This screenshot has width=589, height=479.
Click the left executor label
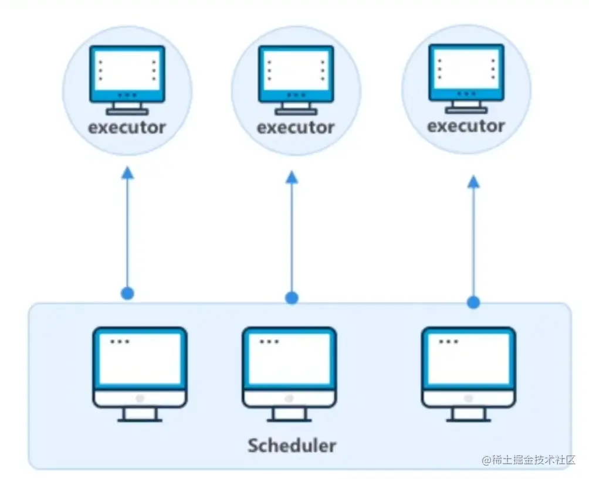(127, 127)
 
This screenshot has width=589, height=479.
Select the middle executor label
(296, 127)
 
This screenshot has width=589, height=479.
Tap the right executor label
(466, 126)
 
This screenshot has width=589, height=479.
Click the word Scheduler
(292, 445)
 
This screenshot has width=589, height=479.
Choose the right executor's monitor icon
(466, 77)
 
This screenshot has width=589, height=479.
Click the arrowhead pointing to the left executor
(127, 173)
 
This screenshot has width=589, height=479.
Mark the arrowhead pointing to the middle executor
(292, 177)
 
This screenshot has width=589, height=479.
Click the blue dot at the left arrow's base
(127, 293)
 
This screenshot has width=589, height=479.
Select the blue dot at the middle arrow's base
(292, 298)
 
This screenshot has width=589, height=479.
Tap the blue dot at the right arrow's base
(473, 303)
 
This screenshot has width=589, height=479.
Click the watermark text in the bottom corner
(529, 460)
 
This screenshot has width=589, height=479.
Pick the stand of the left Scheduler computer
(140, 415)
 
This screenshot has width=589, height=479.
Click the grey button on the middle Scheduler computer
(289, 398)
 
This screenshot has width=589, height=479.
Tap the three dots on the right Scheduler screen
(449, 341)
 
